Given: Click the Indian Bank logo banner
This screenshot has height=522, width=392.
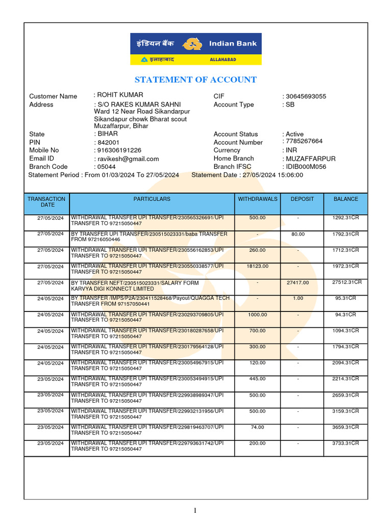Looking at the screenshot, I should click(196, 49).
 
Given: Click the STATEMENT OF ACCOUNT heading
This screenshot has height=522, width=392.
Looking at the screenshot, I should click(195, 80).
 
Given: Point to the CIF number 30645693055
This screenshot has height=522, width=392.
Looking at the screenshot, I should click(306, 96).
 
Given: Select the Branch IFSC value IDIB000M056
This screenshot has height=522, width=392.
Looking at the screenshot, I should click(306, 167).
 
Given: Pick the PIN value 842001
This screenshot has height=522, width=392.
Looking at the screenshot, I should click(108, 142).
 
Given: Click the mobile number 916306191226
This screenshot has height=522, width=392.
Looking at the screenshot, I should click(119, 150).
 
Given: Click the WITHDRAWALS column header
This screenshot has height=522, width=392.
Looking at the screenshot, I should click(257, 199).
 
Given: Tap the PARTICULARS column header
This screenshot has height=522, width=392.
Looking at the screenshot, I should click(152, 199).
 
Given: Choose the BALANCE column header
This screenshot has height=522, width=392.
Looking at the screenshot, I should click(346, 199).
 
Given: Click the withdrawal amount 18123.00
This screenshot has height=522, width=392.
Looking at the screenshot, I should click(257, 266).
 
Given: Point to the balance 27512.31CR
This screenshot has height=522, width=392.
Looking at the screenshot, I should click(347, 282).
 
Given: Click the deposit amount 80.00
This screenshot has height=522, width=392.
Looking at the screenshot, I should click(298, 234).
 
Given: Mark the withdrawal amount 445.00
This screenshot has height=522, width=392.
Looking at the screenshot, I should click(257, 379).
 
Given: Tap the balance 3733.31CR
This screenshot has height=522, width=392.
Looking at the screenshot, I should click(346, 443).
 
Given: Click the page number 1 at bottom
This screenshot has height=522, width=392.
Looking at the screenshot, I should click(195, 510).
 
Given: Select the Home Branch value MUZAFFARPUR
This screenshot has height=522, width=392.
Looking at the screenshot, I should click(310, 159).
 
